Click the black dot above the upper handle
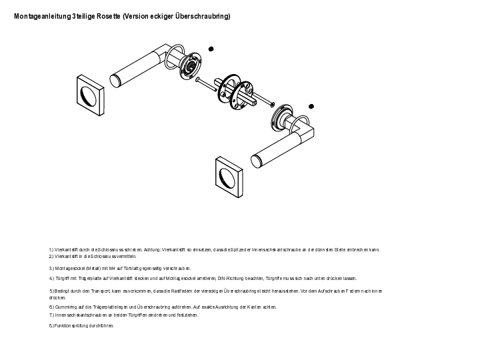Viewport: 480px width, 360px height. point(211,49)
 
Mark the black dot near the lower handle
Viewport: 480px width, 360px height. point(311,106)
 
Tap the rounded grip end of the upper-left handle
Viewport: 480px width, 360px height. point(117,81)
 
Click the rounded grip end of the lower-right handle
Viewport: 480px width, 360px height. point(257,161)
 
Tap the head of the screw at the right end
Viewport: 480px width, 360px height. point(272,103)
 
